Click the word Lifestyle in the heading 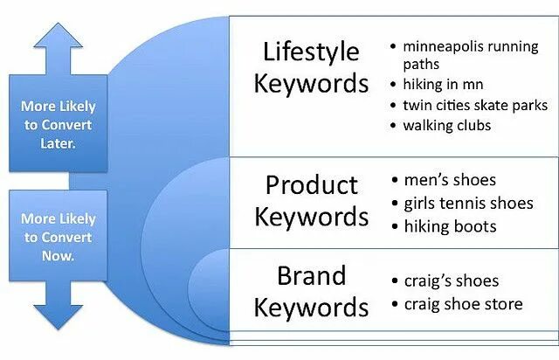pyautogui.click(x=310, y=52)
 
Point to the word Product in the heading pyautogui.click(x=311, y=185)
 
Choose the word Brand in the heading pyautogui.click(x=312, y=276)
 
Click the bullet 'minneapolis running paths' pyautogui.click(x=470, y=54)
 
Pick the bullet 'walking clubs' pyautogui.click(x=446, y=125)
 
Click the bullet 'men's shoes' pyautogui.click(x=449, y=180)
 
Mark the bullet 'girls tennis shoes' pyautogui.click(x=467, y=203)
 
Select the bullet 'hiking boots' pyautogui.click(x=450, y=225)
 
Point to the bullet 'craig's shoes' pyautogui.click(x=451, y=280)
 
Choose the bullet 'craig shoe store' pyautogui.click(x=463, y=303)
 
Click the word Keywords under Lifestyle pyautogui.click(x=310, y=84)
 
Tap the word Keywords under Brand pyautogui.click(x=312, y=308)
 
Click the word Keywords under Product pyautogui.click(x=311, y=216)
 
